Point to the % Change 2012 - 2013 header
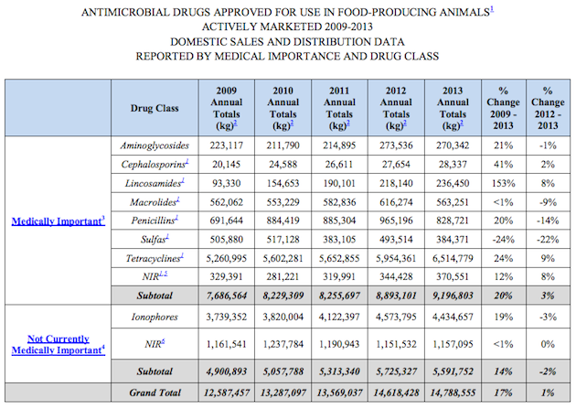point(550,108)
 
